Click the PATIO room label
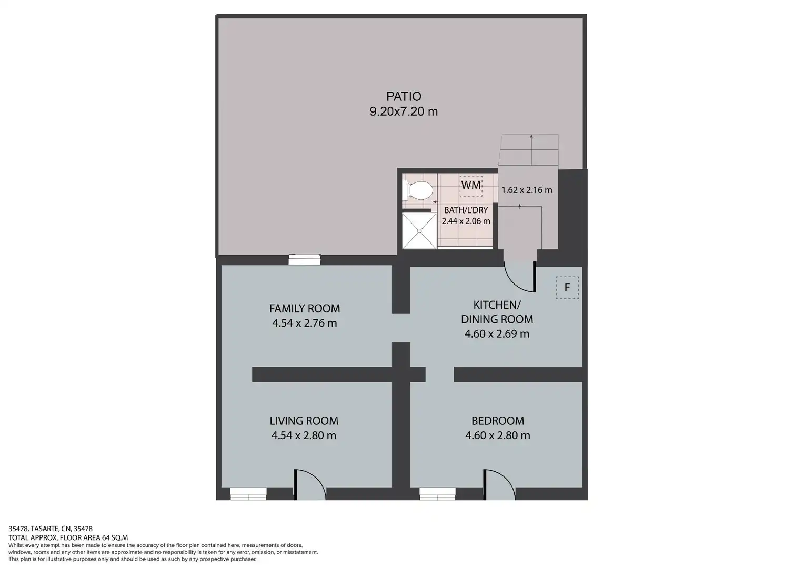pos(404,96)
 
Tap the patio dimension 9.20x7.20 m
pos(404,111)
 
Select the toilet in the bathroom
pos(417,190)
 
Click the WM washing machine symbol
pos(470,186)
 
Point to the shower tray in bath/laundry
pos(419,231)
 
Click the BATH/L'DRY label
pos(466,210)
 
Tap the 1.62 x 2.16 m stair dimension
pos(527,190)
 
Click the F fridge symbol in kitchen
pos(567,287)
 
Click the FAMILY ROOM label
pos(304,308)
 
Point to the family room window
pos(304,259)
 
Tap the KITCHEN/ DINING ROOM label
pos(497,312)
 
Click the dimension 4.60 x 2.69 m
pos(497,333)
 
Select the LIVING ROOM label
pos(304,421)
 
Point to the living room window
pos(248,494)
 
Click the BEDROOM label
pos(497,421)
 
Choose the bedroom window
pos(438,494)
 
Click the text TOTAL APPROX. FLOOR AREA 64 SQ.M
pos(68,537)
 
